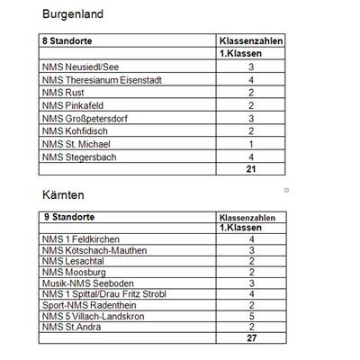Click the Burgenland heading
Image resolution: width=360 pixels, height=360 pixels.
click(73, 14)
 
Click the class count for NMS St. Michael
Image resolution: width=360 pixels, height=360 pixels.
click(251, 144)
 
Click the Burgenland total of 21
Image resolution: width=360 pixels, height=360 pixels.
click(251, 169)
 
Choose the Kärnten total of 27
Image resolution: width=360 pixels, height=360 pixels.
click(251, 338)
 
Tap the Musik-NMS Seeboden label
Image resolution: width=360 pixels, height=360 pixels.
click(88, 283)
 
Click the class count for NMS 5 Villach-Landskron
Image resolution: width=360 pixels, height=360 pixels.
click(251, 316)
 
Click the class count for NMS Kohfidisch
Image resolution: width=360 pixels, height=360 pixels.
click(251, 131)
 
